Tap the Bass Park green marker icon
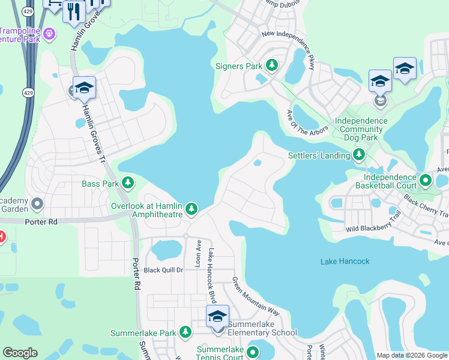(x=127, y=182)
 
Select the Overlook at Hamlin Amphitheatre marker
(x=191, y=209)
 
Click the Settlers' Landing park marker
(x=359, y=155)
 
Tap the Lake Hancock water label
(x=345, y=261)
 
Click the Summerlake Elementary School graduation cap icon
(x=217, y=316)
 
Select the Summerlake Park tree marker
(x=185, y=332)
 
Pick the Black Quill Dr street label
(x=163, y=270)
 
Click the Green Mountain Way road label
(x=256, y=296)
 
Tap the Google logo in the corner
(x=20, y=353)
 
